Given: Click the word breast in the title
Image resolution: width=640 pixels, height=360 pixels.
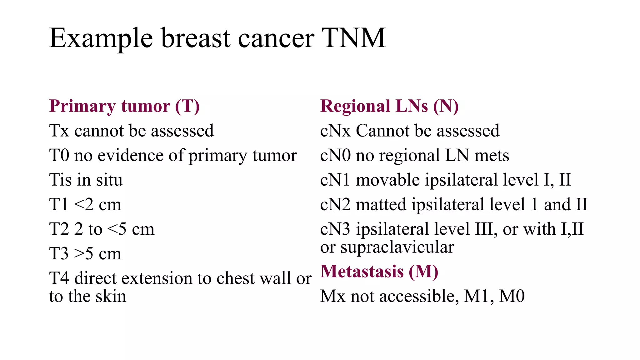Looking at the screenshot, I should [x=196, y=38].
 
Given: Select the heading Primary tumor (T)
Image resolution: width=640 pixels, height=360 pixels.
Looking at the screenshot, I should [x=124, y=106].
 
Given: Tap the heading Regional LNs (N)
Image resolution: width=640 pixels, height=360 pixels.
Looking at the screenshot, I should [x=389, y=106].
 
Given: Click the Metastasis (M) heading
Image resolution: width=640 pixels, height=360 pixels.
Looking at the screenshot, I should [x=379, y=271].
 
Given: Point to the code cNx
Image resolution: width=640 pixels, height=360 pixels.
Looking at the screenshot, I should [x=335, y=131].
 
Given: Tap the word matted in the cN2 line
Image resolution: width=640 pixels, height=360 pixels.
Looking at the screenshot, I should [x=381, y=205].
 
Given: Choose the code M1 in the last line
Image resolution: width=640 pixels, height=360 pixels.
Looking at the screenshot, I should [x=476, y=296].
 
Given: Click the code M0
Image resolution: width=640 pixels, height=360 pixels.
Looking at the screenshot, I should [x=512, y=296].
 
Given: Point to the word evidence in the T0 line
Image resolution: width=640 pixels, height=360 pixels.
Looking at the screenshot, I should [x=130, y=155].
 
